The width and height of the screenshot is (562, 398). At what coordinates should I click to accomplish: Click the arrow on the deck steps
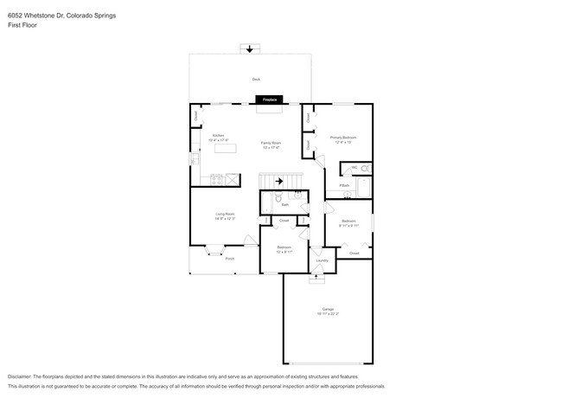[x=250, y=49]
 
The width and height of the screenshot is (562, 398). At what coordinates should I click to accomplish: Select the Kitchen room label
[x=219, y=137]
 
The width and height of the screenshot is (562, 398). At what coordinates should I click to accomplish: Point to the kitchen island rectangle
[x=225, y=148]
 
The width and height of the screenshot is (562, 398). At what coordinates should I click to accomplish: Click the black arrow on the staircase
[x=278, y=181]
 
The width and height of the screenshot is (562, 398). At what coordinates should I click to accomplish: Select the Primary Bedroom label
[x=343, y=139]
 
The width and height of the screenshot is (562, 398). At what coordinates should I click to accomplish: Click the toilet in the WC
[x=364, y=168]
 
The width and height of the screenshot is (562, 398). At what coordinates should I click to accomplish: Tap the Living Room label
[x=225, y=216]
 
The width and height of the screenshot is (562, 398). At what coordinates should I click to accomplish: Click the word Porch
[x=229, y=259]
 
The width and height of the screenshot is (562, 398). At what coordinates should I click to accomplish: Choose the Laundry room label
[x=322, y=260]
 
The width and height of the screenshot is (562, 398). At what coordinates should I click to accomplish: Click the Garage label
[x=329, y=310]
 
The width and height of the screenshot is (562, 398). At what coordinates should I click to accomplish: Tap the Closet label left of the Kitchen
[x=196, y=115]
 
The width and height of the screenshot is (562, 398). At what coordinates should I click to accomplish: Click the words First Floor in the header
[x=22, y=26]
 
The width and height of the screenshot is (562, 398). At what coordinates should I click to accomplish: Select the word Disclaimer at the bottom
[x=23, y=377]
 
